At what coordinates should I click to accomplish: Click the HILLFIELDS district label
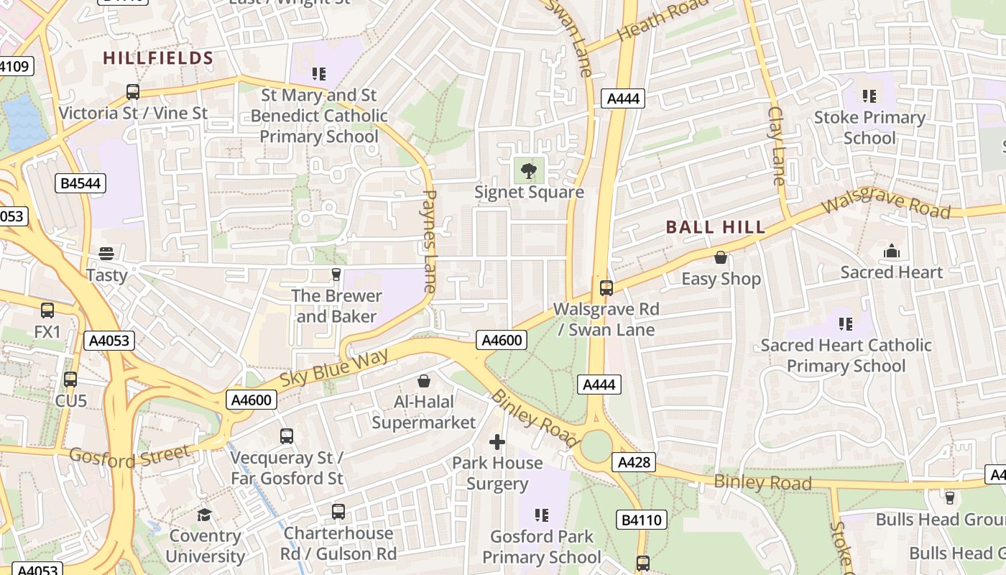158,58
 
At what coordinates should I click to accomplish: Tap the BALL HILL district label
716,227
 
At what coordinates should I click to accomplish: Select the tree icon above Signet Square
529,171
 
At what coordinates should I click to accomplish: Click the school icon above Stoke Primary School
869,96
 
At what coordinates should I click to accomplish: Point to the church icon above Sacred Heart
892,251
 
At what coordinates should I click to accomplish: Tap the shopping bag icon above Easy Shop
721,257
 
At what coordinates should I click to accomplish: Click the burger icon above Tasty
106,254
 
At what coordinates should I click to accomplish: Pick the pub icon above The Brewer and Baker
336,274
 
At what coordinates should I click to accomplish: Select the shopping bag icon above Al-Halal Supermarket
424,380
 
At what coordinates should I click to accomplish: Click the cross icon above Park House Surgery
497,441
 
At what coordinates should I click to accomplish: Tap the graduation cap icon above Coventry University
205,515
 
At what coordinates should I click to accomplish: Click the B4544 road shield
80,183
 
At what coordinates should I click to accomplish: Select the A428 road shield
634,462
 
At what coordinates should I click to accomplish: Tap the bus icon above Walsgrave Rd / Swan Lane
606,287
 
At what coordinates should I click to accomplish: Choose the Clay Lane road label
777,145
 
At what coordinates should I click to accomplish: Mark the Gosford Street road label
131,455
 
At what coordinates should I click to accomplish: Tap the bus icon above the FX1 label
47,310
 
